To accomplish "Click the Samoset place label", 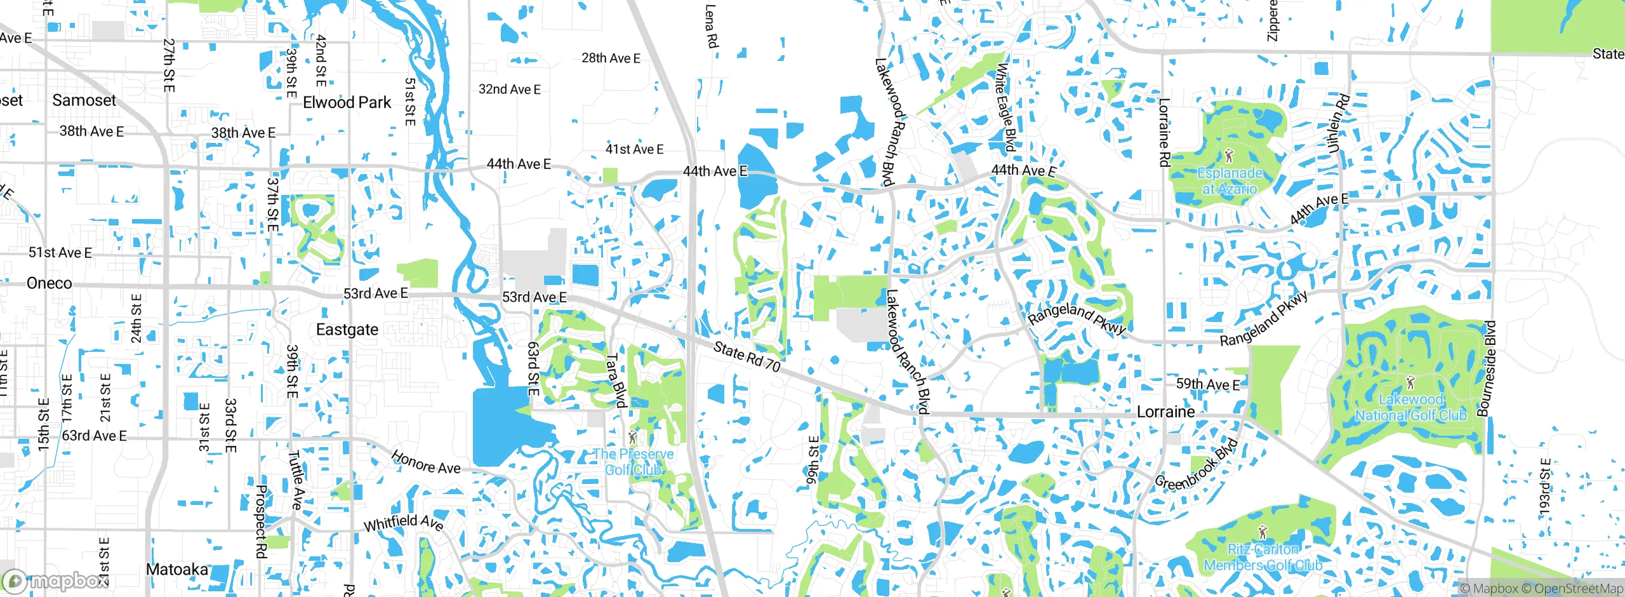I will point(84,100).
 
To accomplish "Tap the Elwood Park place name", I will point(347,102).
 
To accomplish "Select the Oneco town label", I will point(50,283).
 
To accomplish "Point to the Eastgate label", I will point(347,329).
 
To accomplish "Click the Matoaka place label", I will point(177,569).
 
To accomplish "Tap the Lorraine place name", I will point(1165,412).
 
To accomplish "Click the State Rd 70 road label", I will point(746,356).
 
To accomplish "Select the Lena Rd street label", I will point(711,27).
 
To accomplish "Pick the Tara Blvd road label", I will point(615,380).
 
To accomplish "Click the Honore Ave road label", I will point(426,462).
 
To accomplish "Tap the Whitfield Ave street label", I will point(403,523).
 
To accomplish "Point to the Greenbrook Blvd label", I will point(1196,465).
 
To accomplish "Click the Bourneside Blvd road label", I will point(1487,368).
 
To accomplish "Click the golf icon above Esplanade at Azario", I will point(1230,155).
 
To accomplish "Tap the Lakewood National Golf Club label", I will point(1410,407).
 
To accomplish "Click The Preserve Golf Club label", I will point(633,462).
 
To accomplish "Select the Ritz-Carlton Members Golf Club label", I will point(1263,557).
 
